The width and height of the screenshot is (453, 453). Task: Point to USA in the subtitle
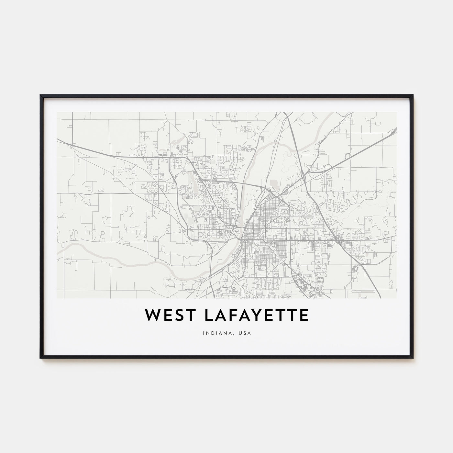(243, 332)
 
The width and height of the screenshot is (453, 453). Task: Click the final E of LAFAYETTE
(303, 315)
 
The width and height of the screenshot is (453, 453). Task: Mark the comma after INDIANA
(235, 334)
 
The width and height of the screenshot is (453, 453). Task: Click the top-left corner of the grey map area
(57, 112)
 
